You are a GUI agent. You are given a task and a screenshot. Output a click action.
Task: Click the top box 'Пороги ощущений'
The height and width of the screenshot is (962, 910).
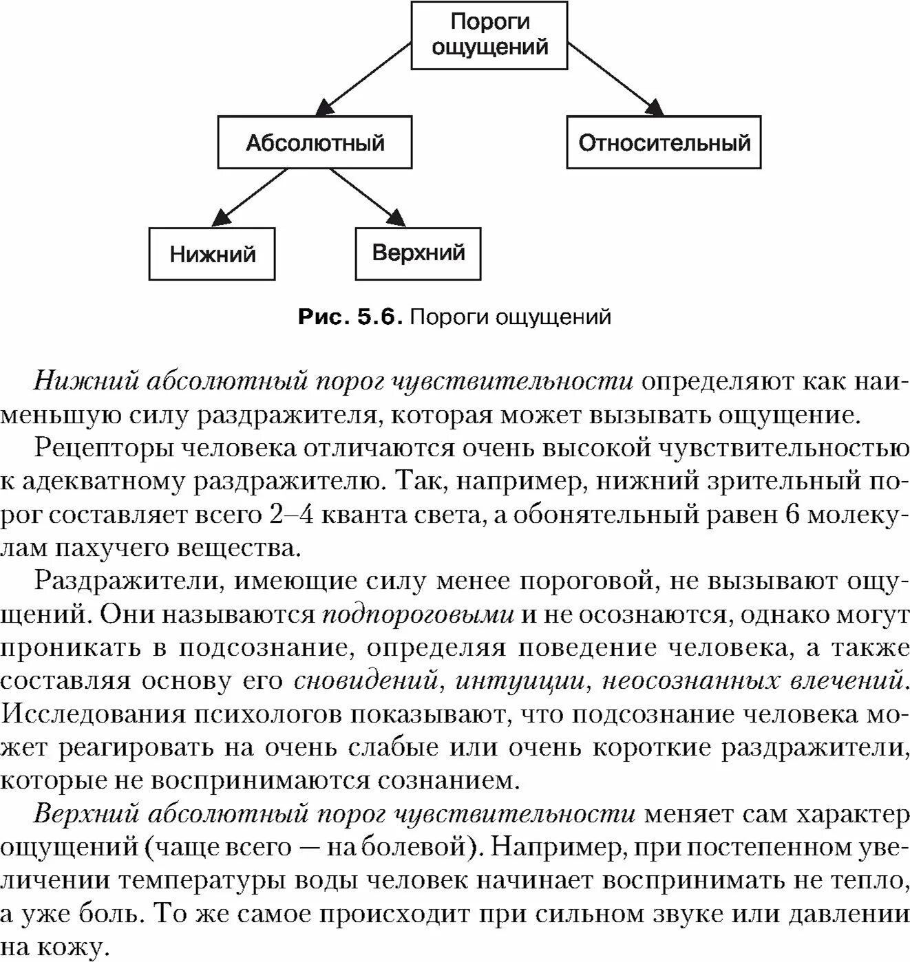pyautogui.click(x=489, y=35)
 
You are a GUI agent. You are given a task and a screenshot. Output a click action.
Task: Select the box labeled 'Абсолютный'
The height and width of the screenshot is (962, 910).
pyautogui.click(x=315, y=142)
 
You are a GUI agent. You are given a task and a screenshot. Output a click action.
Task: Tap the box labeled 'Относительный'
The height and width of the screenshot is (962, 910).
pyautogui.click(x=664, y=142)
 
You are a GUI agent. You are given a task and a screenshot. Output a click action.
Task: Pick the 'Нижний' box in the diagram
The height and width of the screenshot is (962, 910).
pyautogui.click(x=212, y=254)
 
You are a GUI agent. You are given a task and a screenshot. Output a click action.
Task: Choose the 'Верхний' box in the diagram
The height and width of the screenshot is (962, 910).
pyautogui.click(x=418, y=253)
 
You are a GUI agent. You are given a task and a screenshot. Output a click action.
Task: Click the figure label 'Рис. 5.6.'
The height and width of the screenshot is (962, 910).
pyautogui.click(x=350, y=317)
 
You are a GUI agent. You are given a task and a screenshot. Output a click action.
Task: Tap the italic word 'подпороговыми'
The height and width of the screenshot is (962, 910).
pyautogui.click(x=418, y=614)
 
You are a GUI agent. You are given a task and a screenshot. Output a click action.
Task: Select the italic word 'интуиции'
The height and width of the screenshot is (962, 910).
pyautogui.click(x=521, y=681)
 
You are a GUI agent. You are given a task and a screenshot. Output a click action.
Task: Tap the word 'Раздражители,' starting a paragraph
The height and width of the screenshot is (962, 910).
pyautogui.click(x=130, y=581)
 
